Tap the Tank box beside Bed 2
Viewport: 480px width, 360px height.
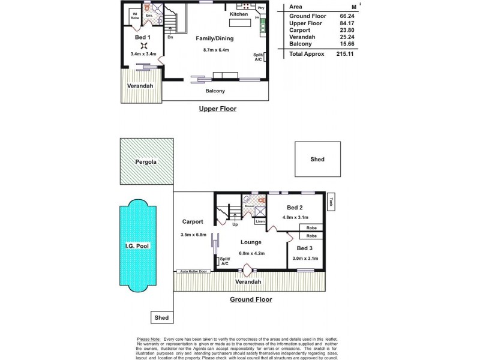pyautogui.click(x=331, y=202)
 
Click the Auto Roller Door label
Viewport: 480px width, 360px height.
pyautogui.click(x=193, y=272)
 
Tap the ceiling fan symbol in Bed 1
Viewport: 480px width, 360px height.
pyautogui.click(x=143, y=46)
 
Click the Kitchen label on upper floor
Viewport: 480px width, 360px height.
pyautogui.click(x=239, y=13)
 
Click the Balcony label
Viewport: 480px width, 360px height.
pyautogui.click(x=215, y=91)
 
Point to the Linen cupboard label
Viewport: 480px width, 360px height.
pyautogui.click(x=260, y=221)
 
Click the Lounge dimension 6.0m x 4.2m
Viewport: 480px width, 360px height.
pyautogui.click(x=251, y=253)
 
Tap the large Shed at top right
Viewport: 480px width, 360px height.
pyautogui.click(x=317, y=159)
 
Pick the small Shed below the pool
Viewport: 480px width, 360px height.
pyautogui.click(x=161, y=317)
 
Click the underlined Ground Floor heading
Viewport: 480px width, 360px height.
pyautogui.click(x=251, y=299)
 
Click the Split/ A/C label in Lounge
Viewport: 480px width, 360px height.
pyautogui.click(x=225, y=261)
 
